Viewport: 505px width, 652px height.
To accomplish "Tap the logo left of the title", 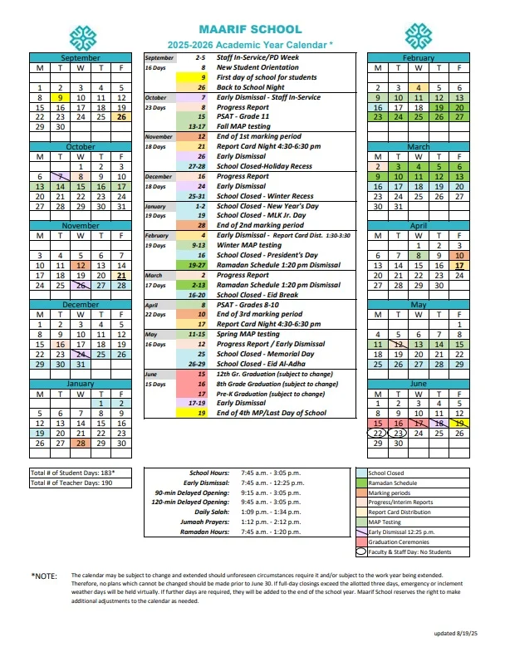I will [x=82, y=37].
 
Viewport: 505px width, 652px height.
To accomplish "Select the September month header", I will [x=81, y=58].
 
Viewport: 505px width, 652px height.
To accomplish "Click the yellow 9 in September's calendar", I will [x=60, y=97].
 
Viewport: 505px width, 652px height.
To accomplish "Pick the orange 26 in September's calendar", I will [x=121, y=117].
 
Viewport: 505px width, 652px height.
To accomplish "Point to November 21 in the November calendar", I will [x=121, y=275].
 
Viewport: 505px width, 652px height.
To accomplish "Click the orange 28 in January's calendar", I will [x=81, y=444].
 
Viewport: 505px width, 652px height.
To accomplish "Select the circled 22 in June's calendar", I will [x=378, y=433].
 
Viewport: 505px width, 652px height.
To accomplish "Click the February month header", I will [x=418, y=58].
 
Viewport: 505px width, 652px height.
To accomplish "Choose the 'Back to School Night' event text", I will [x=251, y=87].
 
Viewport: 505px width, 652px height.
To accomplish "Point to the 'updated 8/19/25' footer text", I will [x=456, y=634].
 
